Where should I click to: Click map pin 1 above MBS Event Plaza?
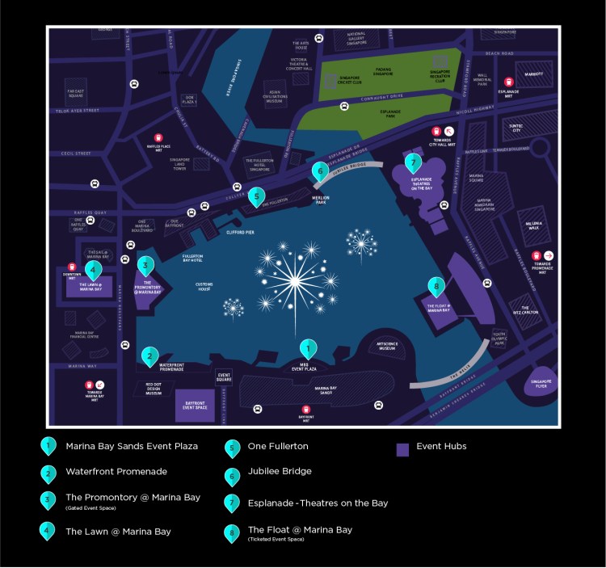pyautogui.click(x=308, y=348)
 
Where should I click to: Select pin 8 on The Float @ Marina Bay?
pyautogui.click(x=436, y=286)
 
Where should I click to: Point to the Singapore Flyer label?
pyautogui.click(x=541, y=383)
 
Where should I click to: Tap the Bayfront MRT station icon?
pyautogui.click(x=306, y=410)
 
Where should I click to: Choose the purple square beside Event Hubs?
pyautogui.click(x=402, y=450)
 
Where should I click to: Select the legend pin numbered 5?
pyautogui.click(x=232, y=447)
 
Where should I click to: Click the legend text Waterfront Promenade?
pyautogui.click(x=116, y=471)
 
